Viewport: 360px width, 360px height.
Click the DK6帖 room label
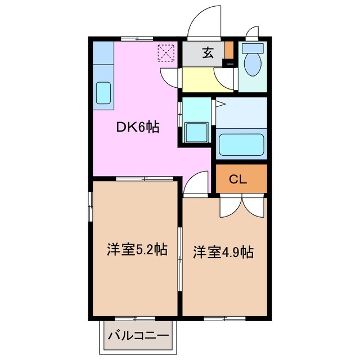[x=138, y=128]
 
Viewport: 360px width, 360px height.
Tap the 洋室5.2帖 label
[x=137, y=250]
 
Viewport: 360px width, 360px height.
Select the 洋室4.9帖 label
[x=224, y=252]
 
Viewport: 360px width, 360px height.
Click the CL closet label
[x=238, y=179]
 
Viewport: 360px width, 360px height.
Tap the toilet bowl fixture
[x=252, y=62]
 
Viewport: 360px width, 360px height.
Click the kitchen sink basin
[x=103, y=93]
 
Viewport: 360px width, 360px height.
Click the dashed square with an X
[x=166, y=53]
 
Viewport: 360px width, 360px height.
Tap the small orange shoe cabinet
[x=228, y=51]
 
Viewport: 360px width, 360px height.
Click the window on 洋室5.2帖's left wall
[x=91, y=208]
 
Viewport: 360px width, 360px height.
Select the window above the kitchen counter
[x=137, y=38]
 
